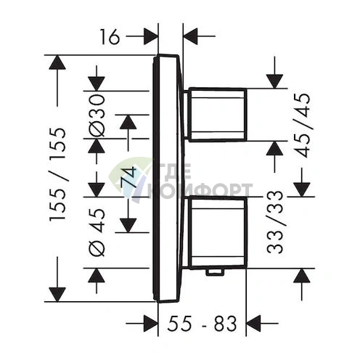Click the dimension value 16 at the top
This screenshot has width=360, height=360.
pos(110,35)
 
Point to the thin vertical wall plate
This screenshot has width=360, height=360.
pos(168,178)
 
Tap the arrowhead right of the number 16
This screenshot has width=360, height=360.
pos(150,35)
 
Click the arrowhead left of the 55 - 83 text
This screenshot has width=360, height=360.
pos(150,322)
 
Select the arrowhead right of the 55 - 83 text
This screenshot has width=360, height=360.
pos(255,322)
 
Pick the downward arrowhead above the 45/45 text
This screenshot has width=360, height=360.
pos(275,81)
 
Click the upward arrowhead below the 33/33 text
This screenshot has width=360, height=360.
pos(304,277)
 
